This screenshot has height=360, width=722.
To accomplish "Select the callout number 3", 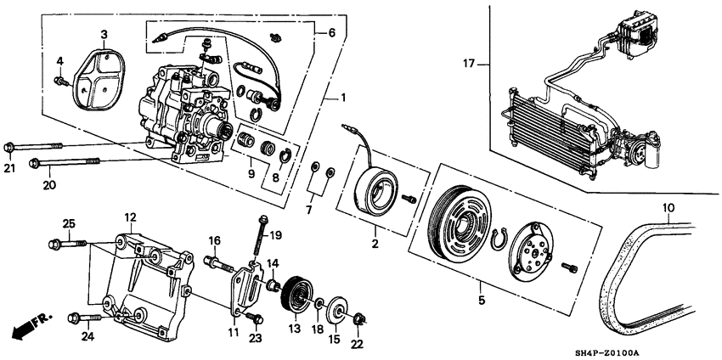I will [x=104, y=34].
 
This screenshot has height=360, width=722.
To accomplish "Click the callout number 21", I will [x=9, y=168].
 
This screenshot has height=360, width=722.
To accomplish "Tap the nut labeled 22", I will [x=358, y=320].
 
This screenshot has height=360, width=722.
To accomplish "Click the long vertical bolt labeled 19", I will [x=260, y=235].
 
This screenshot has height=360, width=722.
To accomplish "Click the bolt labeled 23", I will [x=253, y=318].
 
